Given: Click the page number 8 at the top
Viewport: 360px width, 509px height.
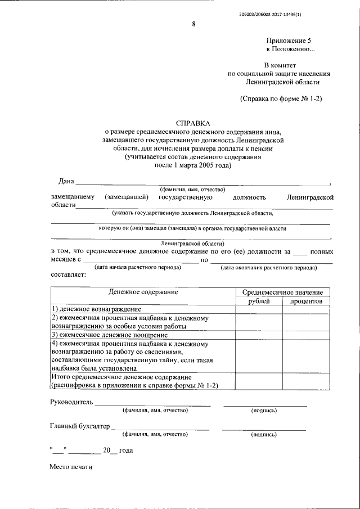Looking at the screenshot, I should [x=193, y=24].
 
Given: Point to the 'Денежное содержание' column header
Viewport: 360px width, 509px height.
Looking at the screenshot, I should [x=143, y=292].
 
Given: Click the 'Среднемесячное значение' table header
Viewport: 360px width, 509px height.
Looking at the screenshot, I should [x=282, y=292].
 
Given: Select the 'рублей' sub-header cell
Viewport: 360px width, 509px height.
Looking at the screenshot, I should [x=259, y=301].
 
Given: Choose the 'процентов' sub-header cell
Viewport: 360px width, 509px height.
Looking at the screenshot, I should [x=306, y=301].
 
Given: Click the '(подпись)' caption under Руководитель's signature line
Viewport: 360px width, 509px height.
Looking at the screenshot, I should [x=264, y=411].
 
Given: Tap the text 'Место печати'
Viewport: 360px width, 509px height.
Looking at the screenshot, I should [x=70, y=467].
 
